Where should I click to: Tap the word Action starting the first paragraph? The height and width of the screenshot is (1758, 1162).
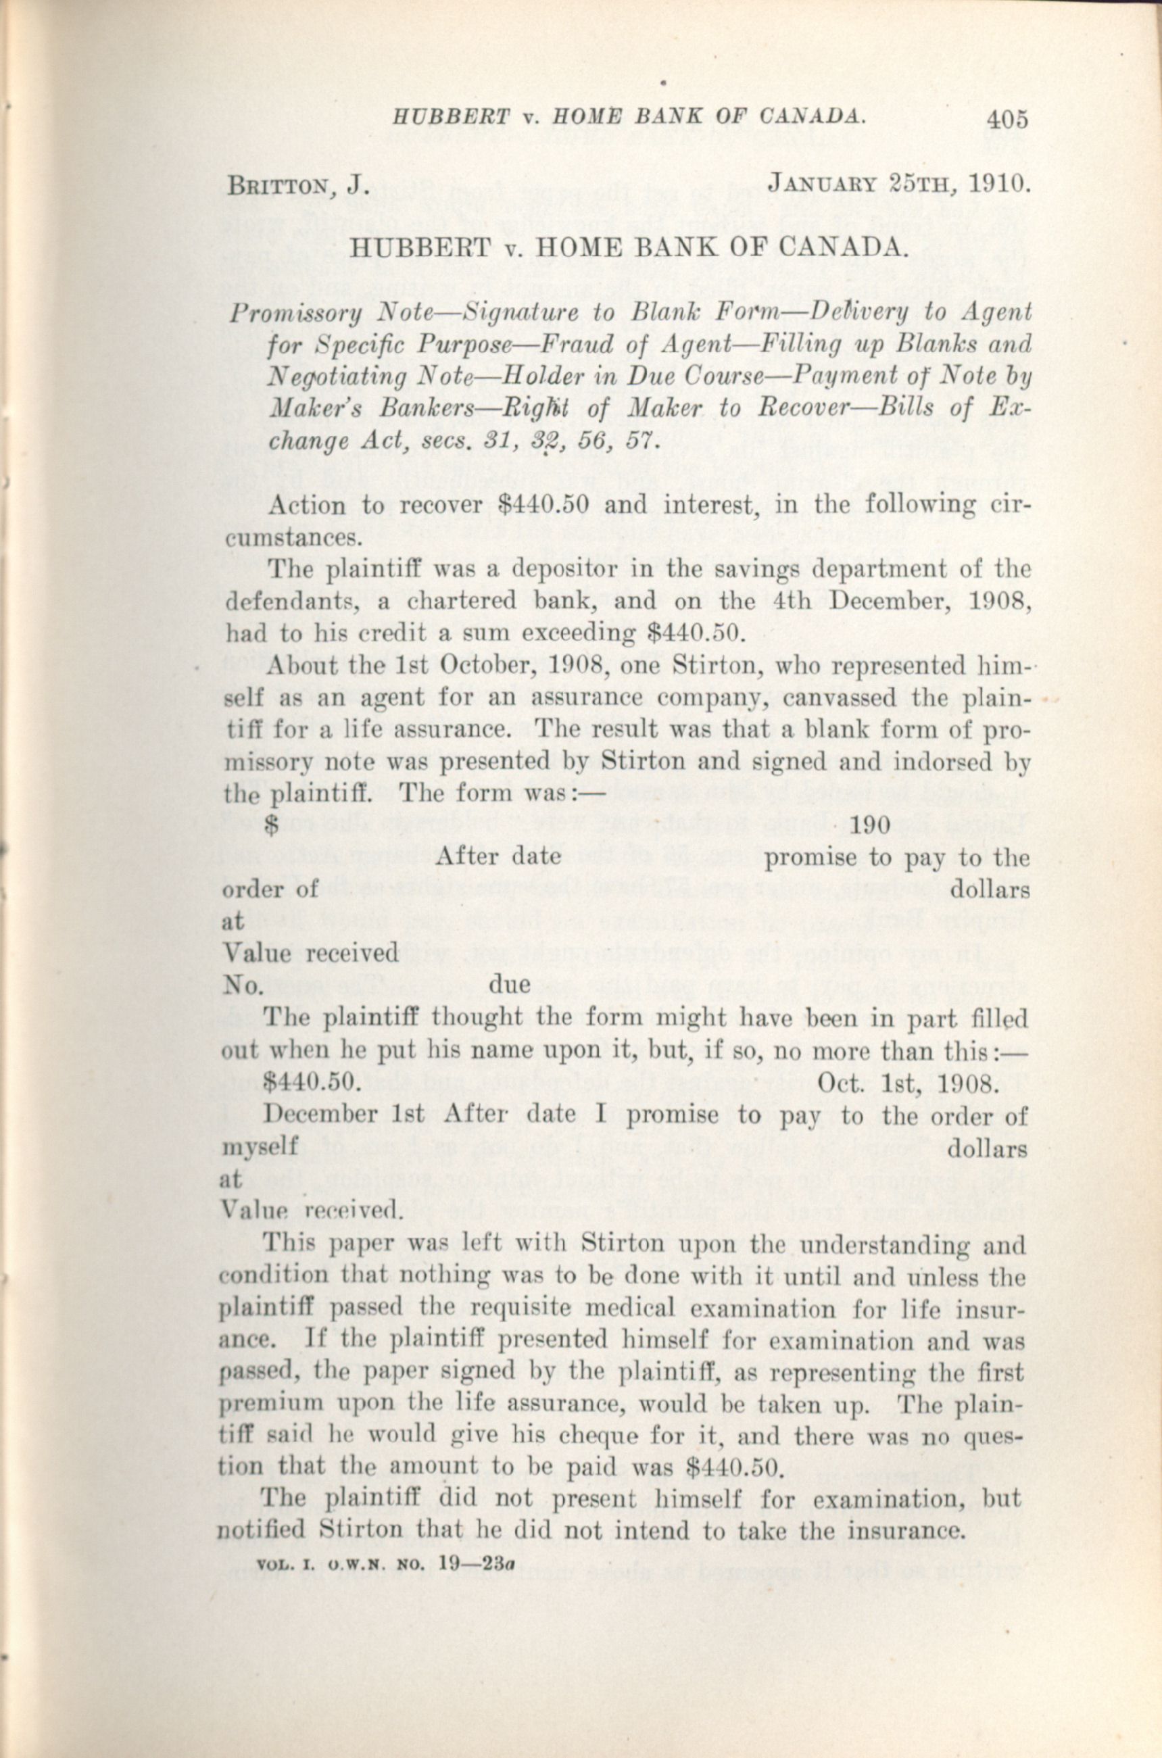(x=307, y=506)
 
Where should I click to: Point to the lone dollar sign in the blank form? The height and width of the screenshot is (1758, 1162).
(x=272, y=827)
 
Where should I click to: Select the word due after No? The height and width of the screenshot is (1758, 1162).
(x=510, y=985)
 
